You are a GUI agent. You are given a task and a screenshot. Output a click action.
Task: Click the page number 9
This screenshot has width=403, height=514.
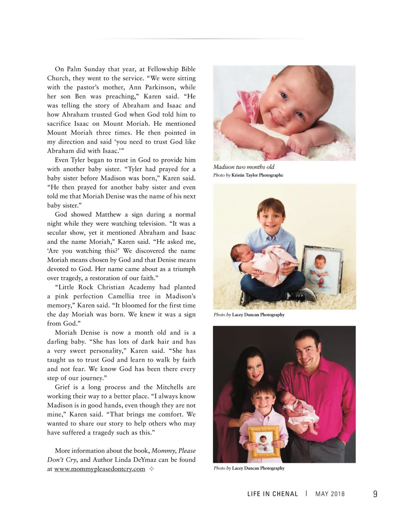click(375, 494)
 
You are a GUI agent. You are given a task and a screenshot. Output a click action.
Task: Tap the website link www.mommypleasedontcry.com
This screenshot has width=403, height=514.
click(99, 469)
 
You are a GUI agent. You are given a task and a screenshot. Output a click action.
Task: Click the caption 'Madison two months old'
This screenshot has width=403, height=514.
click(244, 167)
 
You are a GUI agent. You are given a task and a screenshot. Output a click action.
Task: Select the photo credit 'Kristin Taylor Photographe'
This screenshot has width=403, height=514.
click(257, 175)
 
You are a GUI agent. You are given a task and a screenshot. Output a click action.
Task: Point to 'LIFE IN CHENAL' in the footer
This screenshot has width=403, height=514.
click(272, 494)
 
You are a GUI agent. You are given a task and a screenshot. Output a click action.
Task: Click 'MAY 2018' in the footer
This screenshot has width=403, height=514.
click(330, 494)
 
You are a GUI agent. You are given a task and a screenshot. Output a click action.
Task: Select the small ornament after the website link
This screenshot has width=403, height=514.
click(151, 469)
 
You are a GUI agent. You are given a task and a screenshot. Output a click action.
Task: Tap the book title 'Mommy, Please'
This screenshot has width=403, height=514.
click(173, 451)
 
